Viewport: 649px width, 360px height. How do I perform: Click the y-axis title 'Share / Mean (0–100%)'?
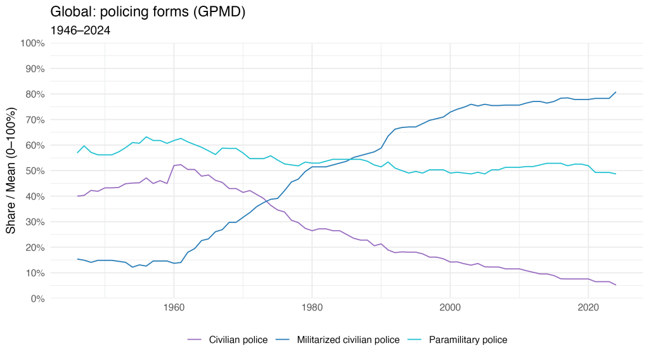11,171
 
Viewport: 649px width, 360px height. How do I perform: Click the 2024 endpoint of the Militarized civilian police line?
616,92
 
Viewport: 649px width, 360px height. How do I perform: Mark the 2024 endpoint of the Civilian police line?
616,285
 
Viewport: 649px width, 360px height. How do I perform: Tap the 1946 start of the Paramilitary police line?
77,153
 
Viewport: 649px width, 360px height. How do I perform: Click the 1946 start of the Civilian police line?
77,196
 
